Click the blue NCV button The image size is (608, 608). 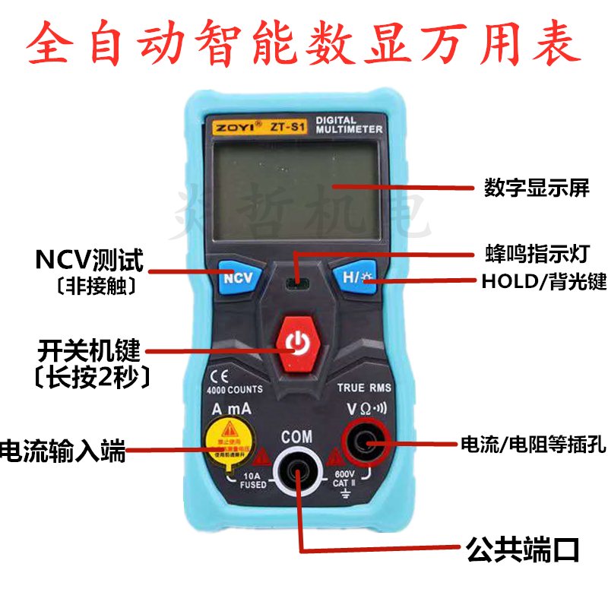[x=236, y=277]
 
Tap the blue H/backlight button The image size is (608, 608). [x=354, y=278]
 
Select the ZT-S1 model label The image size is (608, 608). [x=284, y=128]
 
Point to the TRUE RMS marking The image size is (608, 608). [x=365, y=388]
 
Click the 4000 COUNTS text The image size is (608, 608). [x=234, y=389]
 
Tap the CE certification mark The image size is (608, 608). [x=214, y=375]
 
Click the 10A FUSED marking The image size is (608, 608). [x=254, y=480]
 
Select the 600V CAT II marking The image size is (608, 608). [x=340, y=480]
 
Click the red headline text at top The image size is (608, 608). [x=304, y=42]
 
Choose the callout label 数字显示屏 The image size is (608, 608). [x=537, y=187]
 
